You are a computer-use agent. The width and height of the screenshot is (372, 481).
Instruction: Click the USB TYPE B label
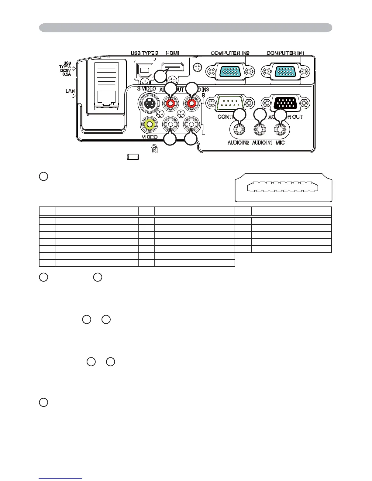point(144,53)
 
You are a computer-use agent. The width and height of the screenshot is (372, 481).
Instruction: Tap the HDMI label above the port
point(172,53)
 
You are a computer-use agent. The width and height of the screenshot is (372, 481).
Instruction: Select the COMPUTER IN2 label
point(230,53)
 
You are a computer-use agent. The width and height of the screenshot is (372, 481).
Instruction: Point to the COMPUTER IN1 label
point(286,53)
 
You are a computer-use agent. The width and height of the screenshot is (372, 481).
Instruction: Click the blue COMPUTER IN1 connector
point(285,72)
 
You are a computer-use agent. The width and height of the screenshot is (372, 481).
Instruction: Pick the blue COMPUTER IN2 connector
point(230,72)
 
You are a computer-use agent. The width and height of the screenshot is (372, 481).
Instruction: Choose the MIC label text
point(280,142)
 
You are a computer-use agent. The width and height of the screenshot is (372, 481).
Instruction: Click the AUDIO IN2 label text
point(238,142)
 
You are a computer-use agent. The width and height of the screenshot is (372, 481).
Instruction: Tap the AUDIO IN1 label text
point(262,142)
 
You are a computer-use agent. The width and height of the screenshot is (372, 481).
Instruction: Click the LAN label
point(70,91)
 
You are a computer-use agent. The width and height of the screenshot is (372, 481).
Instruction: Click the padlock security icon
point(154,148)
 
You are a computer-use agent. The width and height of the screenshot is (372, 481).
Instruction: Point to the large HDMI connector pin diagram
point(283,187)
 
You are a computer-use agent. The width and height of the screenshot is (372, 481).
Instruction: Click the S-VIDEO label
point(146,89)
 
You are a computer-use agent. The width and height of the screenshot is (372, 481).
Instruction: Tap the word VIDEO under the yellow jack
point(150,137)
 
